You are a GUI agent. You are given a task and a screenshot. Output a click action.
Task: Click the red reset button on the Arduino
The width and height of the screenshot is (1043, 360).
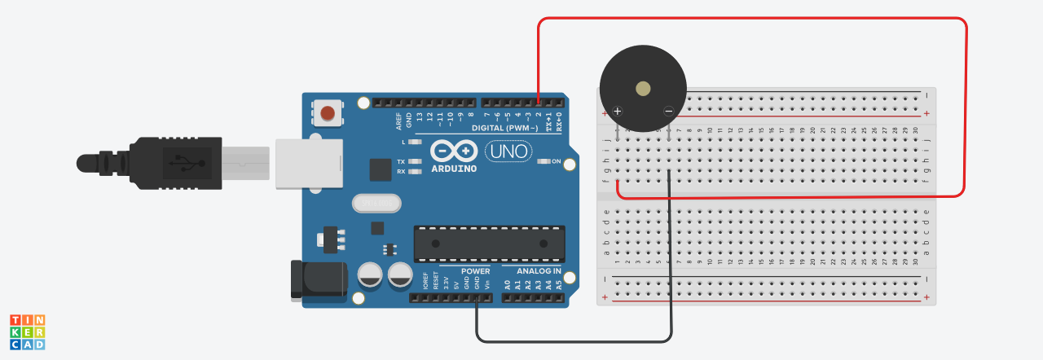click(329, 113)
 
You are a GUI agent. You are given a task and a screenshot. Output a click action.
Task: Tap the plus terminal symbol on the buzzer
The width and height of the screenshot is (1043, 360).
click(618, 111)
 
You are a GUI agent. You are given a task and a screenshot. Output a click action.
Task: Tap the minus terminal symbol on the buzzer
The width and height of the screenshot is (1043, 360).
click(668, 111)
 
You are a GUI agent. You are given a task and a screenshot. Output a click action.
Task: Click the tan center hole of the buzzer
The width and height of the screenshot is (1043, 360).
click(643, 88)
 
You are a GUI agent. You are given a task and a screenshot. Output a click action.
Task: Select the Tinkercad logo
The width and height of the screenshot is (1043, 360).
click(27, 332)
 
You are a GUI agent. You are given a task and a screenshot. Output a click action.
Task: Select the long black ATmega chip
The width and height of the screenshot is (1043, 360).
click(489, 243)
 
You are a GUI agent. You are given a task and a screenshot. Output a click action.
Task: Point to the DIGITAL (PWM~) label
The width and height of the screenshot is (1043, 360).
click(505, 129)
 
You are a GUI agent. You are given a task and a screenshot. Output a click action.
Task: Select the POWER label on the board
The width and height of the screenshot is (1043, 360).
click(475, 270)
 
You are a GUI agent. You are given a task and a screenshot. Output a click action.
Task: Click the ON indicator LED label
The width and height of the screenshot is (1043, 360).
click(557, 161)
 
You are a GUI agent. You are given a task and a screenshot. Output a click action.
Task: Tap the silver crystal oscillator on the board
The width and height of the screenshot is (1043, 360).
click(377, 202)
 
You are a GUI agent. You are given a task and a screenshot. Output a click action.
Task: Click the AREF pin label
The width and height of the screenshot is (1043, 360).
click(398, 121)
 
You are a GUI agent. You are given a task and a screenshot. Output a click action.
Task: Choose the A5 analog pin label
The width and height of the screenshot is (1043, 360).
click(558, 284)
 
